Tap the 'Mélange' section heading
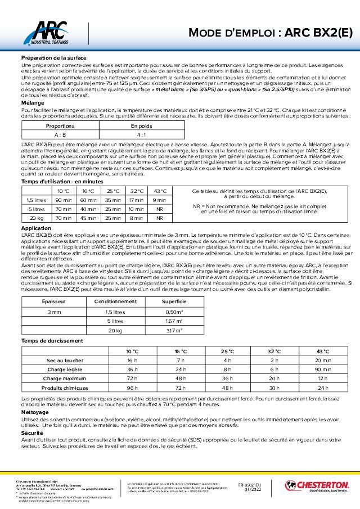33,103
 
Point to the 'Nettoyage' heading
35,412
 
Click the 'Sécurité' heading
32,434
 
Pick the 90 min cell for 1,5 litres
64,200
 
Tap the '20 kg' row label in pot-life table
37,218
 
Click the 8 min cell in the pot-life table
136,218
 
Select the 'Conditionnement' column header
115,302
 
